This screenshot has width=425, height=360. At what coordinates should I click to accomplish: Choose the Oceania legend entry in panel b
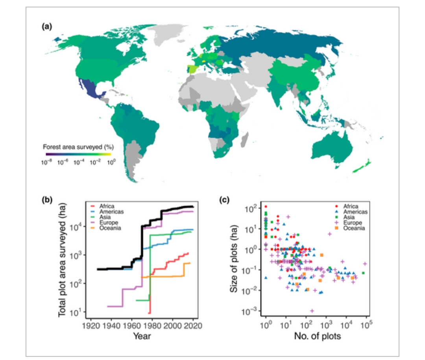tap(109, 228)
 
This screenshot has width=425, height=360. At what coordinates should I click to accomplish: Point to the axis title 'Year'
tap(142, 336)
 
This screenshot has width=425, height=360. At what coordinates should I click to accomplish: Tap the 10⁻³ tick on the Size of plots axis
tap(249, 311)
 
